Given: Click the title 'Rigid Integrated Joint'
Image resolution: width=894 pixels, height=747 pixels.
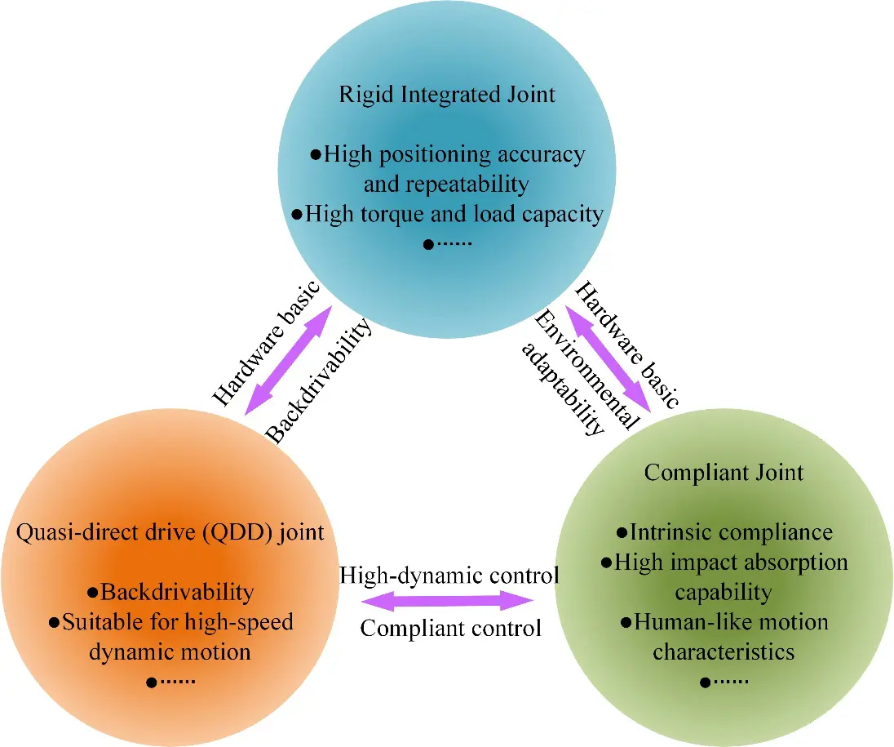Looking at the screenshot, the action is coord(447,95).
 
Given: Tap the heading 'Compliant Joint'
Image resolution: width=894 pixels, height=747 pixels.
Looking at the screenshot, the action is coord(724,473).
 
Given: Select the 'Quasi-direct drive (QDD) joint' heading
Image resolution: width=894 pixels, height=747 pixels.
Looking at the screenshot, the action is coord(170,532).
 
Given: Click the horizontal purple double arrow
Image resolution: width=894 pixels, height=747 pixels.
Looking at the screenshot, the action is coord(448,600).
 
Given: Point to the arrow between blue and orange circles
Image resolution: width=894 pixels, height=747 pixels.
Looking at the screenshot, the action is coord(289,361).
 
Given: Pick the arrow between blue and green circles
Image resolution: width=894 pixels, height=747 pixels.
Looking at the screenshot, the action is coord(608,358).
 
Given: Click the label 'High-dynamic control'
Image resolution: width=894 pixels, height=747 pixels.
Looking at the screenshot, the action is coord(449,576).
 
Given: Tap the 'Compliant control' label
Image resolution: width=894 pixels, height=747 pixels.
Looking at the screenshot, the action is coord(450,629).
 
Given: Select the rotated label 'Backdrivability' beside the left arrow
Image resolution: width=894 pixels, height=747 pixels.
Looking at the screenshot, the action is coord(319,380).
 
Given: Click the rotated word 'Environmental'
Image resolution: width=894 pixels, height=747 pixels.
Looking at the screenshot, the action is coord(587,369).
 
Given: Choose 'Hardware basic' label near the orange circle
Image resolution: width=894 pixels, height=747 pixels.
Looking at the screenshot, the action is coord(266,343).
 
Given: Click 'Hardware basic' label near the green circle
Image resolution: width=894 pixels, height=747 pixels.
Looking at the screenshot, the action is coord(626,345).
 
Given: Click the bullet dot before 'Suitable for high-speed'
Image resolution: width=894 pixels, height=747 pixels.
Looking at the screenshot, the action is coord(54,623).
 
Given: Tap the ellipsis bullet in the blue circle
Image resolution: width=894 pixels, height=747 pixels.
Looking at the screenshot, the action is coord(448,244).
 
